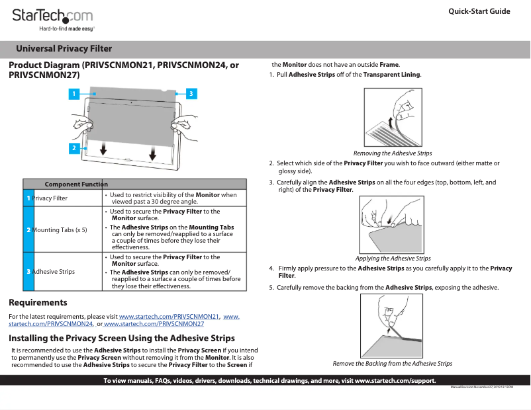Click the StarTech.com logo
click(53, 18)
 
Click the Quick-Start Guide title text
click(479, 11)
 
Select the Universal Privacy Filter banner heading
click(64, 49)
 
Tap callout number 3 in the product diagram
click(190, 94)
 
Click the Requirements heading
click(38, 303)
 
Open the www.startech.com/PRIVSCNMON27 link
click(154, 324)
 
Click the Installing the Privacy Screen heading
click(122, 338)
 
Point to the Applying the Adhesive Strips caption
click(393, 259)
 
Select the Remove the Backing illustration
click(392, 326)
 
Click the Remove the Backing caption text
click(392, 364)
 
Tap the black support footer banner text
click(269, 380)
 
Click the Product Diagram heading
click(123, 70)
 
